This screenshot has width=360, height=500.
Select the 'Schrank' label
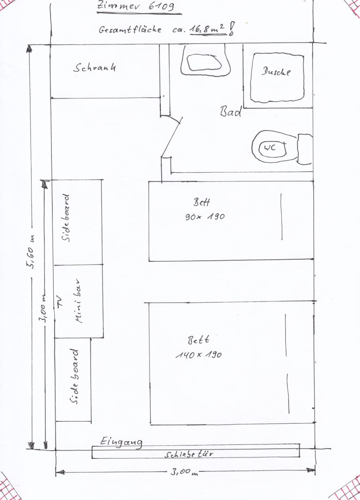95,67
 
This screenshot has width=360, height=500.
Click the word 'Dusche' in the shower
276,71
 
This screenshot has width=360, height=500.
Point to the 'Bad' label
230,112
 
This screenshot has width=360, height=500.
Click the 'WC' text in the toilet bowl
270,148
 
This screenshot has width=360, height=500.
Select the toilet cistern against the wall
305,149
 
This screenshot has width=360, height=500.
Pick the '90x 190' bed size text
205,217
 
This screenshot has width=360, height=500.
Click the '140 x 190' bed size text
198,355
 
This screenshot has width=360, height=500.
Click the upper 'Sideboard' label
66,218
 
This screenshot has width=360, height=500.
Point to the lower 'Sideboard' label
74,376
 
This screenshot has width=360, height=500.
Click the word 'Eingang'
121,442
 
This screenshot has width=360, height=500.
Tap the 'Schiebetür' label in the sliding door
189,454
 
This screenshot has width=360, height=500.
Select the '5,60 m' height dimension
32,252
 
